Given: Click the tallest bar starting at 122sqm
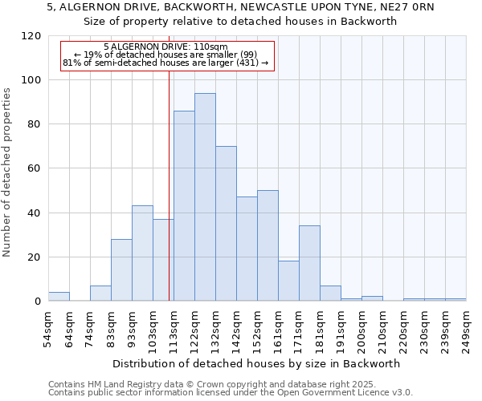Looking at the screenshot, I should (x=205, y=197).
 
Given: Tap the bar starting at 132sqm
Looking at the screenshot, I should (x=226, y=224).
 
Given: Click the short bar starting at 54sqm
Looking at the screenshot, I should (x=59, y=297).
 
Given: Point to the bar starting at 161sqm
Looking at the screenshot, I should (x=288, y=281).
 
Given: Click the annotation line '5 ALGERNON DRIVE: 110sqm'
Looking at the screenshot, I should (x=166, y=47).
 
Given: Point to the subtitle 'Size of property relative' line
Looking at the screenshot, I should (x=241, y=22).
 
